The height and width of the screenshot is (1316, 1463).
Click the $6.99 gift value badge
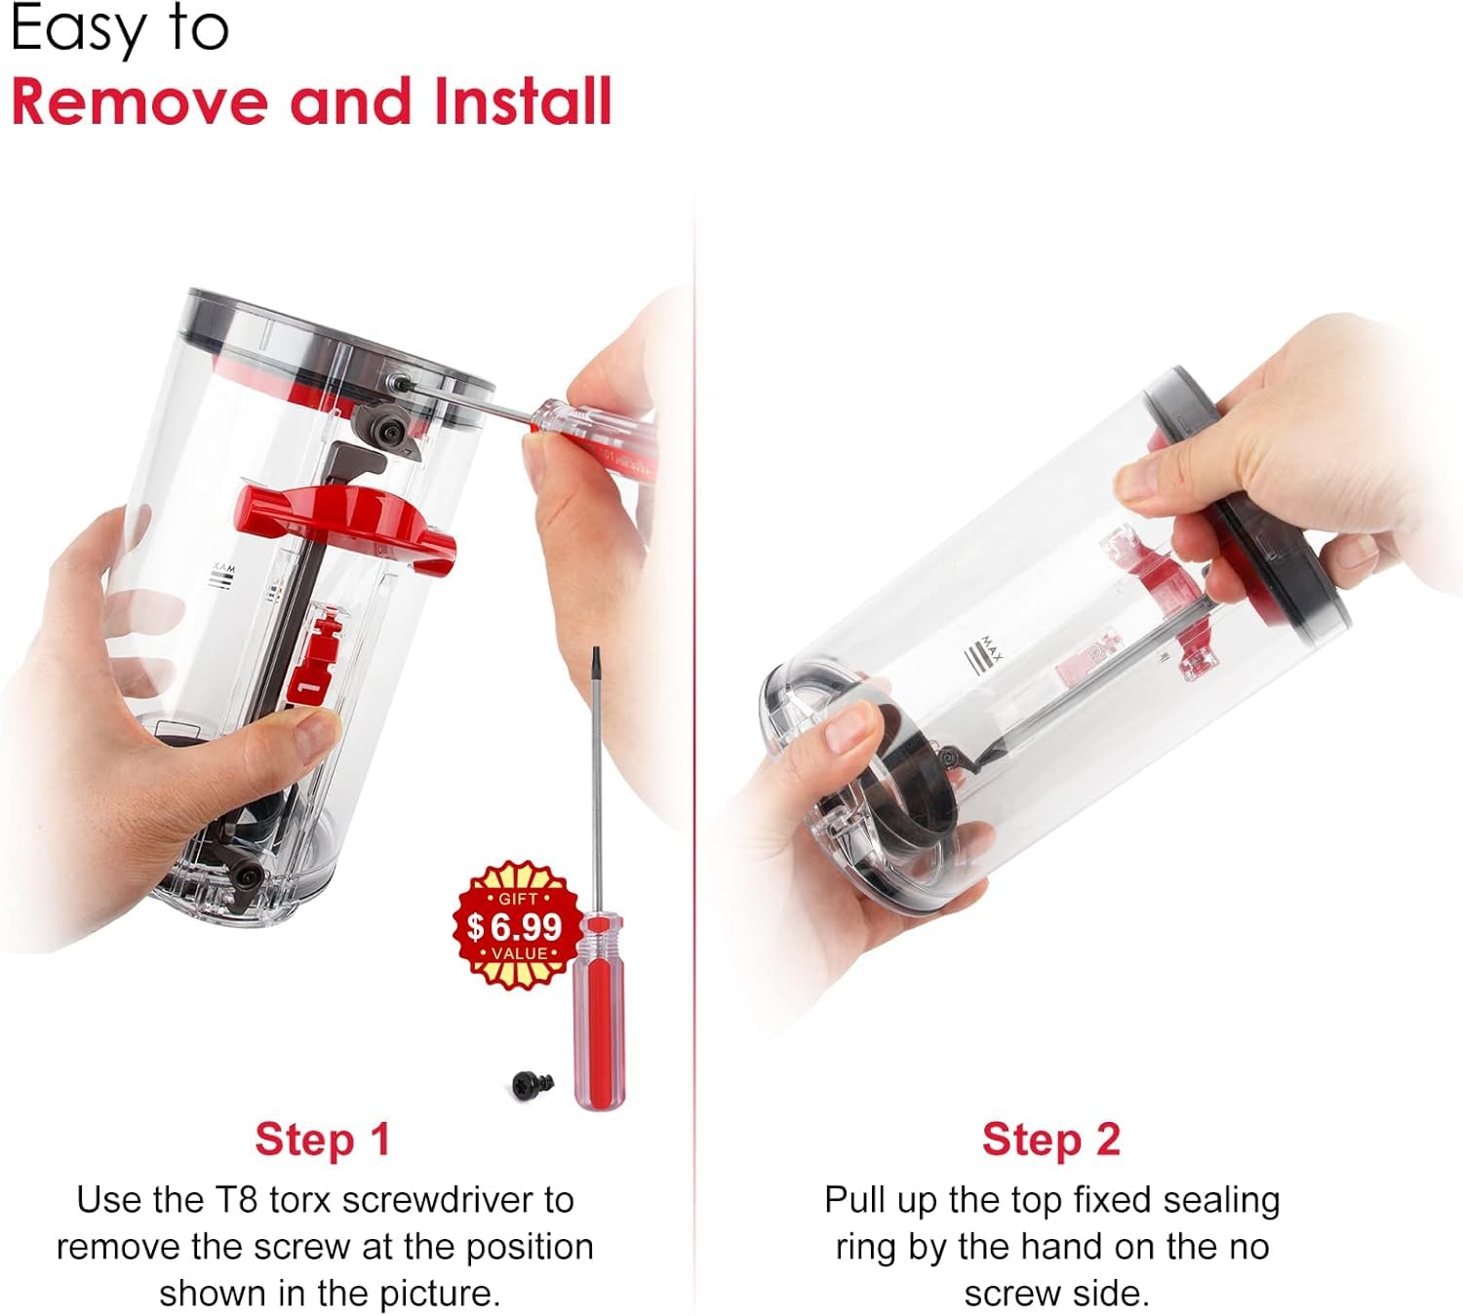pyautogui.click(x=517, y=925)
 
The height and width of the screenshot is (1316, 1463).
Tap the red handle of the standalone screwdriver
pyautogui.click(x=600, y=1010)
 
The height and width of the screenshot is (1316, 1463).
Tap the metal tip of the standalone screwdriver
pyautogui.click(x=596, y=652)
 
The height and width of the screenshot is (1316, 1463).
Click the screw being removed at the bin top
pyautogui.click(x=398, y=379)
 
